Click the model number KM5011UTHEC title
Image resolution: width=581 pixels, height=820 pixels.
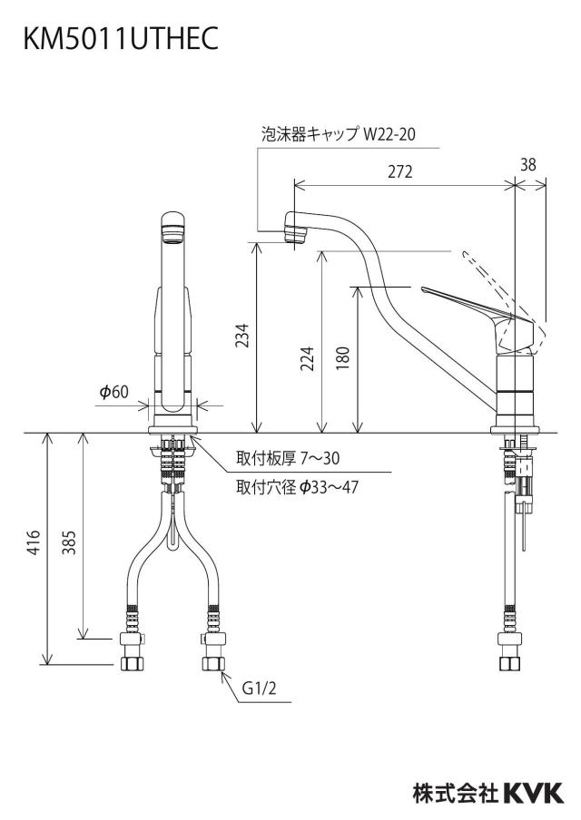click(121, 38)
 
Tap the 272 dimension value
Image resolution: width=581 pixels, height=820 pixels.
click(400, 171)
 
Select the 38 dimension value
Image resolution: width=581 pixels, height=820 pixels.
click(528, 164)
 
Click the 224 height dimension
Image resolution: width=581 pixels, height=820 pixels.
click(307, 359)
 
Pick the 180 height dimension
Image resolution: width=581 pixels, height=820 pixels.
click(342, 359)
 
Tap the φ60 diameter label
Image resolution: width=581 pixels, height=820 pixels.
click(114, 391)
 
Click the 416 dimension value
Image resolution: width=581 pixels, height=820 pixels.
click(34, 542)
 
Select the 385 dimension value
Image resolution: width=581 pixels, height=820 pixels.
click(70, 542)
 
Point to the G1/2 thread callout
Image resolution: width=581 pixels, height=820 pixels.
click(259, 688)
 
